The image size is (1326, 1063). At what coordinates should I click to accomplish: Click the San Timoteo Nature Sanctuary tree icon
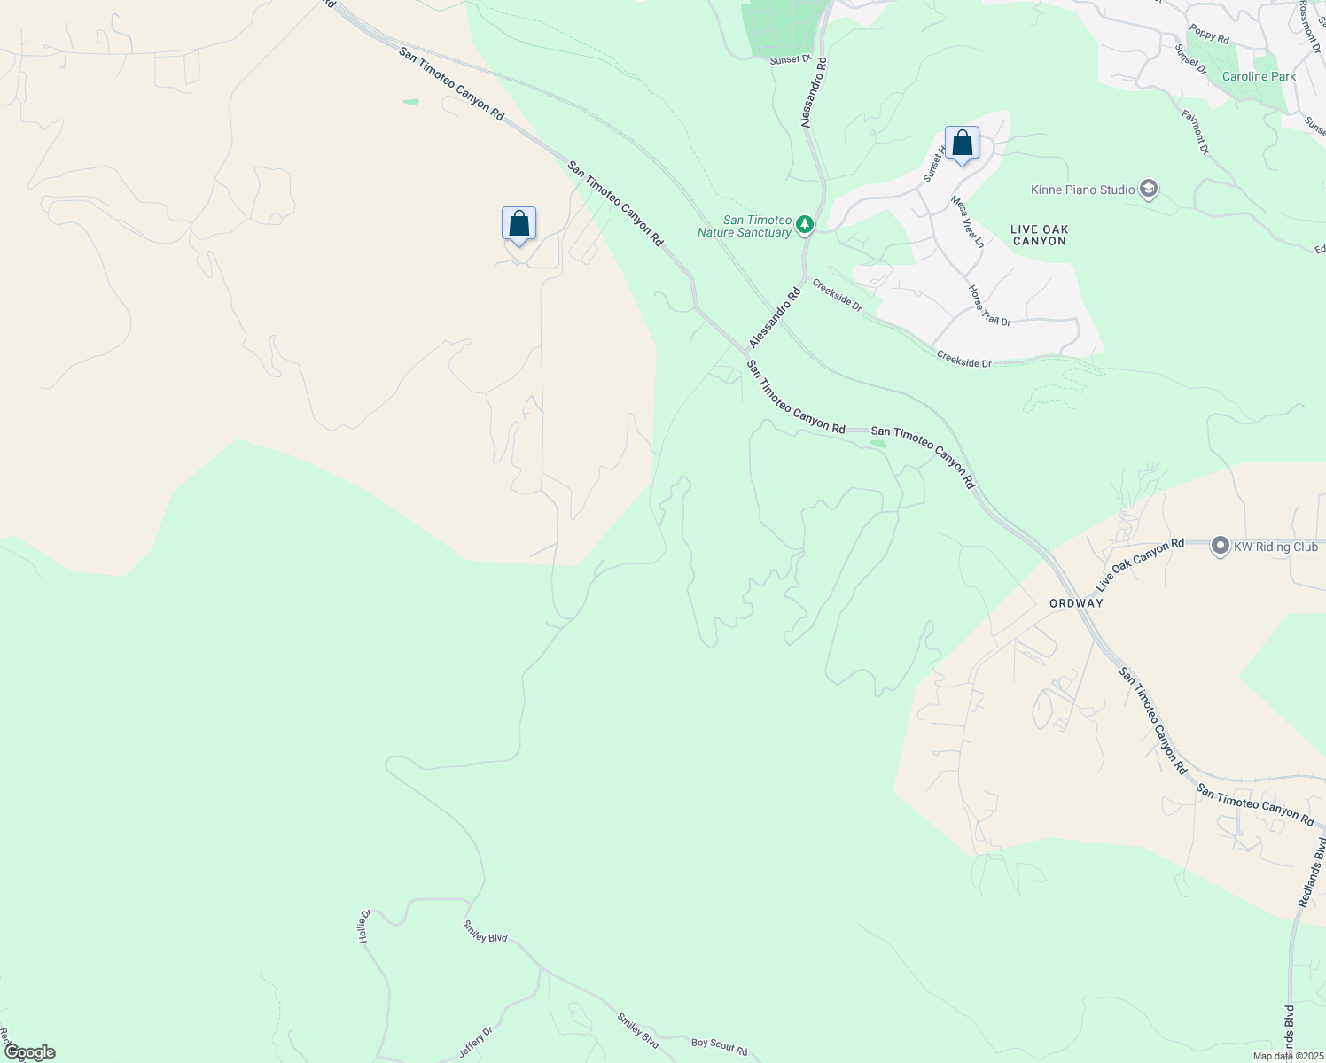coord(804,225)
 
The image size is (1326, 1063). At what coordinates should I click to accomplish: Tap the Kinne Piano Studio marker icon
coord(1149,190)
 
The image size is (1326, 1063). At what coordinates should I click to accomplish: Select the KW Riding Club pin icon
coord(1220,547)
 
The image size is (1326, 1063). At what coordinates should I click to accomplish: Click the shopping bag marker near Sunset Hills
coord(962,144)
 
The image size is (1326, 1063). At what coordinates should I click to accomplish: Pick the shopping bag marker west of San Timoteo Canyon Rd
coord(519,224)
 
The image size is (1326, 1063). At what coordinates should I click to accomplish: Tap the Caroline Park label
coord(1259,77)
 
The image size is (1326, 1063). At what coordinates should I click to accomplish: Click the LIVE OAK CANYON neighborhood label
coord(1040,235)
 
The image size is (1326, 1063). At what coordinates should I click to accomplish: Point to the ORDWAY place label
coord(1076,603)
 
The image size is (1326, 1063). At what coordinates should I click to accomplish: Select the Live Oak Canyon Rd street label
coord(1140,565)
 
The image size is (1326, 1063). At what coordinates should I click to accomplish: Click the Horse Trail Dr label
coord(989,306)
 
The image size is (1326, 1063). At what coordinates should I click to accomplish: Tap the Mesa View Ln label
coord(967,221)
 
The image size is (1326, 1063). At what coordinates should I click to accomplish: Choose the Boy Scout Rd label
coord(719,1046)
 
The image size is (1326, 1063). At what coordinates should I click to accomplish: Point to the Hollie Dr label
coord(363,926)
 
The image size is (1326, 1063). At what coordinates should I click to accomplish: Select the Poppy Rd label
coord(1209,35)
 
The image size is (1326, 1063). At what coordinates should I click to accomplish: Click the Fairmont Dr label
coord(1195,132)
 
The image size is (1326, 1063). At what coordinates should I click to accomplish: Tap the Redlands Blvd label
coord(1312,872)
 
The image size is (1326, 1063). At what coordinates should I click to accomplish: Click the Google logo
coord(29,1052)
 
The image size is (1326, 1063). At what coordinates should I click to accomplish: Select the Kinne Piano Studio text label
coord(1082,190)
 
